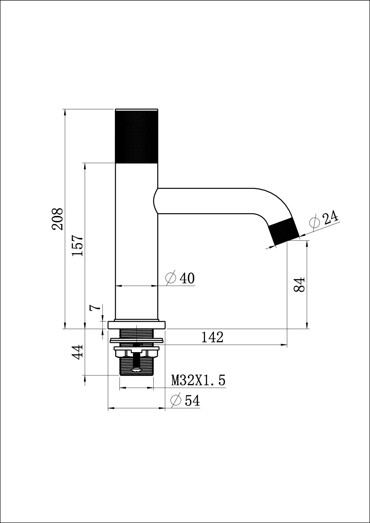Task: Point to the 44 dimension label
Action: (x=77, y=352)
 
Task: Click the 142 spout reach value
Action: (x=212, y=337)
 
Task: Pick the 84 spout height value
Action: (x=299, y=284)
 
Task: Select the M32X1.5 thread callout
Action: (x=198, y=380)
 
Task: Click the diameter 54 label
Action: (x=185, y=400)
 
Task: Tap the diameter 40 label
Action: (x=180, y=278)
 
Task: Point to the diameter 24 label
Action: (x=324, y=219)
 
